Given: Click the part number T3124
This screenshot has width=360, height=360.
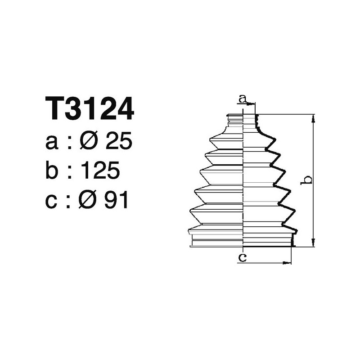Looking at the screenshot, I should tap(90, 108).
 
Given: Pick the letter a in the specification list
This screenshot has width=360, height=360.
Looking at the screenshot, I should tap(52, 143).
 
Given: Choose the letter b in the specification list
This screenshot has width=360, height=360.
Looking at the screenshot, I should tap(53, 171).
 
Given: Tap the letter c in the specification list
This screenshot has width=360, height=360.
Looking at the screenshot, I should tap(52, 201).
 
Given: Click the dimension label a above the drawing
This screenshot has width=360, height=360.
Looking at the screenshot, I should tap(243, 98).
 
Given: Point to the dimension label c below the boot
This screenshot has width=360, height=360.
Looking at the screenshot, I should tap(242, 257).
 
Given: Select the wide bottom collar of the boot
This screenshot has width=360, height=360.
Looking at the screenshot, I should tap(242, 238).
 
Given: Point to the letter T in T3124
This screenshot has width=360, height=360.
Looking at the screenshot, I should tap(54, 108).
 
